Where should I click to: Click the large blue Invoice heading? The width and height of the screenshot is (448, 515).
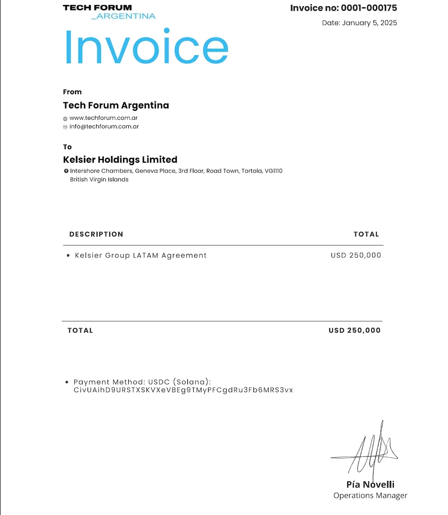[x=146, y=47]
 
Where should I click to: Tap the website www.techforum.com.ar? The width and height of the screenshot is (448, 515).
[x=103, y=118]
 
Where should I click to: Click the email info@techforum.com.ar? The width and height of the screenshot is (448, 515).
[x=104, y=126]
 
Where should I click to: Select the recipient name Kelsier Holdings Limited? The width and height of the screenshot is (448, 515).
[x=120, y=159]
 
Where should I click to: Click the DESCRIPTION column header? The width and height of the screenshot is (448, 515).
[x=96, y=234]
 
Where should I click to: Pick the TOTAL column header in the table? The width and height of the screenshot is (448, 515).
[x=366, y=234]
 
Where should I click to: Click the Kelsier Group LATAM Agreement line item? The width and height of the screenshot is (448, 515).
[x=140, y=255]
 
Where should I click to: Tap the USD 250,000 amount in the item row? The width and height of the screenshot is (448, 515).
[x=356, y=255]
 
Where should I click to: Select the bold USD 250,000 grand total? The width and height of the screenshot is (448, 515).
[x=355, y=330]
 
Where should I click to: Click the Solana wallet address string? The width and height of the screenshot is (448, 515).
[x=183, y=390]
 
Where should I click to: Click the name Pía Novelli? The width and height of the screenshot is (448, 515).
[x=370, y=485]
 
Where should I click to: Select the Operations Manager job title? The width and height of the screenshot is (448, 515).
[x=370, y=496]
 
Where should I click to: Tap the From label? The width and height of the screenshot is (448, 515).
[x=72, y=92]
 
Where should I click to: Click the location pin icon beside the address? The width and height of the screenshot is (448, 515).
[x=66, y=171]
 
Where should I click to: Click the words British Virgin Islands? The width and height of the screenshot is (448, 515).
[x=99, y=179]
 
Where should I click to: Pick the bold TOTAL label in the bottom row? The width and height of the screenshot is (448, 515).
[x=80, y=330]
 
